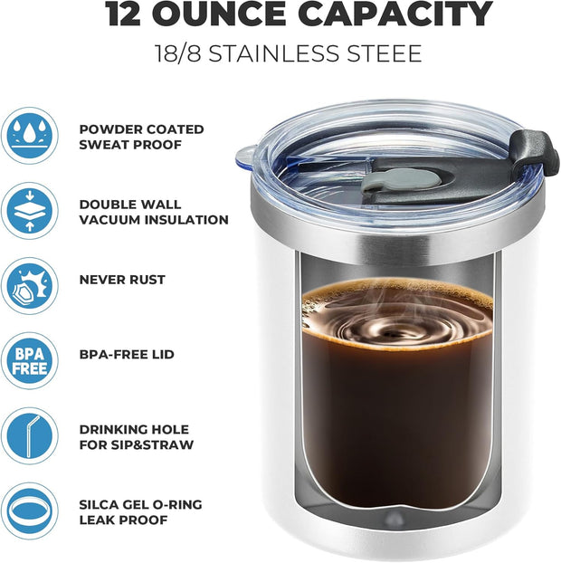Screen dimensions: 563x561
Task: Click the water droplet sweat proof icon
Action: click(x=29, y=135)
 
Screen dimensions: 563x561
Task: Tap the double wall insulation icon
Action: click(x=29, y=211)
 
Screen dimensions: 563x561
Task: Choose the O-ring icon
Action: click(x=29, y=511)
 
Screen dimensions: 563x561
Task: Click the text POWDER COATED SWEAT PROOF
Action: click(x=141, y=136)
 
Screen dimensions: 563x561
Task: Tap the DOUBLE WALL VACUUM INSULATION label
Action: click(x=153, y=212)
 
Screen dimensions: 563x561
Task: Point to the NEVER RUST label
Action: click(x=122, y=280)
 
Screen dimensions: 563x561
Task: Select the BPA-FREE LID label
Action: click(x=127, y=355)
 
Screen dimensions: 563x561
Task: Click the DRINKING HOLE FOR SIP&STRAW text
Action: click(x=137, y=437)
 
